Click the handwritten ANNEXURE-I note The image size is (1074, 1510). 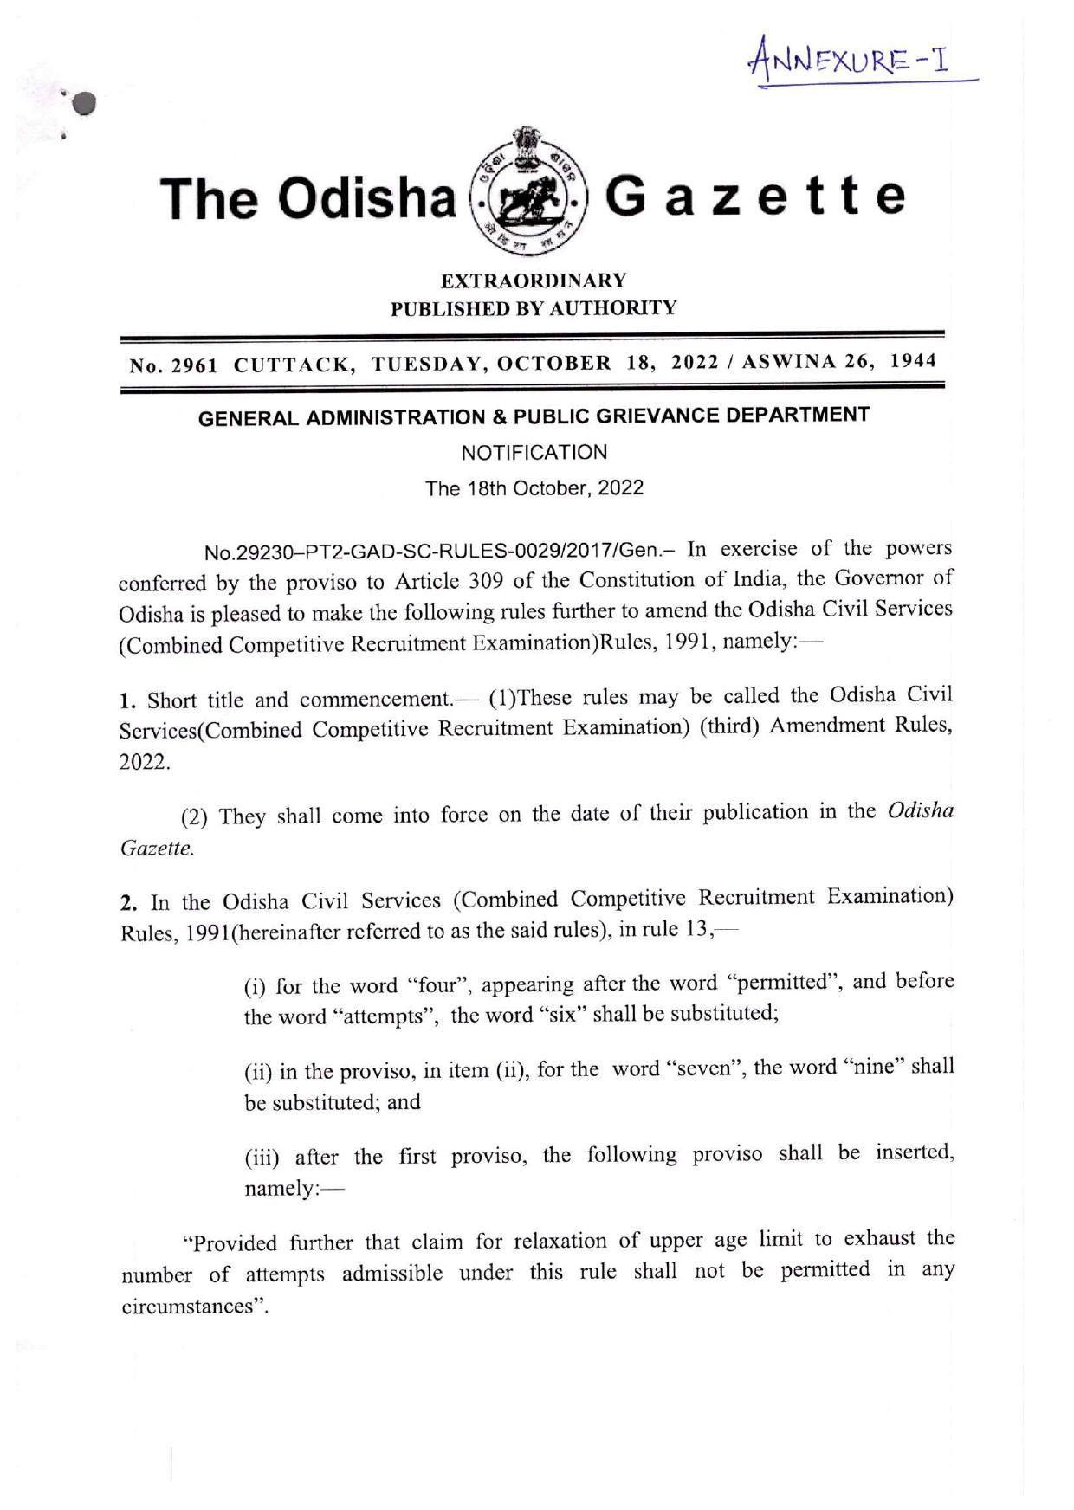851,61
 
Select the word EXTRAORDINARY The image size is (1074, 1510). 534,281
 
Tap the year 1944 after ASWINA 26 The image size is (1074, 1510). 914,361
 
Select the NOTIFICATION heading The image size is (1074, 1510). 534,452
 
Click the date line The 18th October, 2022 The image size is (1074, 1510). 534,487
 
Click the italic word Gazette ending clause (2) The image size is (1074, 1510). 156,849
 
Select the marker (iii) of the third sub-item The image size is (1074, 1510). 262,1157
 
